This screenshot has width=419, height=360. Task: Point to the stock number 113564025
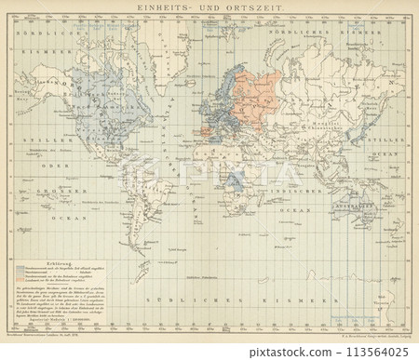[x=372, y=352]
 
